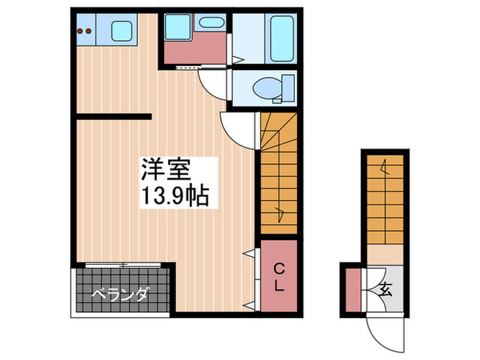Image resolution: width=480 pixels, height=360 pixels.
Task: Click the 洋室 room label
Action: [x=166, y=168]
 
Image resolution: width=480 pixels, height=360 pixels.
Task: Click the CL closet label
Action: [x=279, y=277]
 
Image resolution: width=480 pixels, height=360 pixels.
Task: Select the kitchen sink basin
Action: [x=122, y=32]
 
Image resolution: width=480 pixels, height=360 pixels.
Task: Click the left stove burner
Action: [x=80, y=30]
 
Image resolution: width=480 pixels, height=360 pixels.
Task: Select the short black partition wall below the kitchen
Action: [x=113, y=117]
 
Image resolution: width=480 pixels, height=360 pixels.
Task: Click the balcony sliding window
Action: [x=123, y=265]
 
